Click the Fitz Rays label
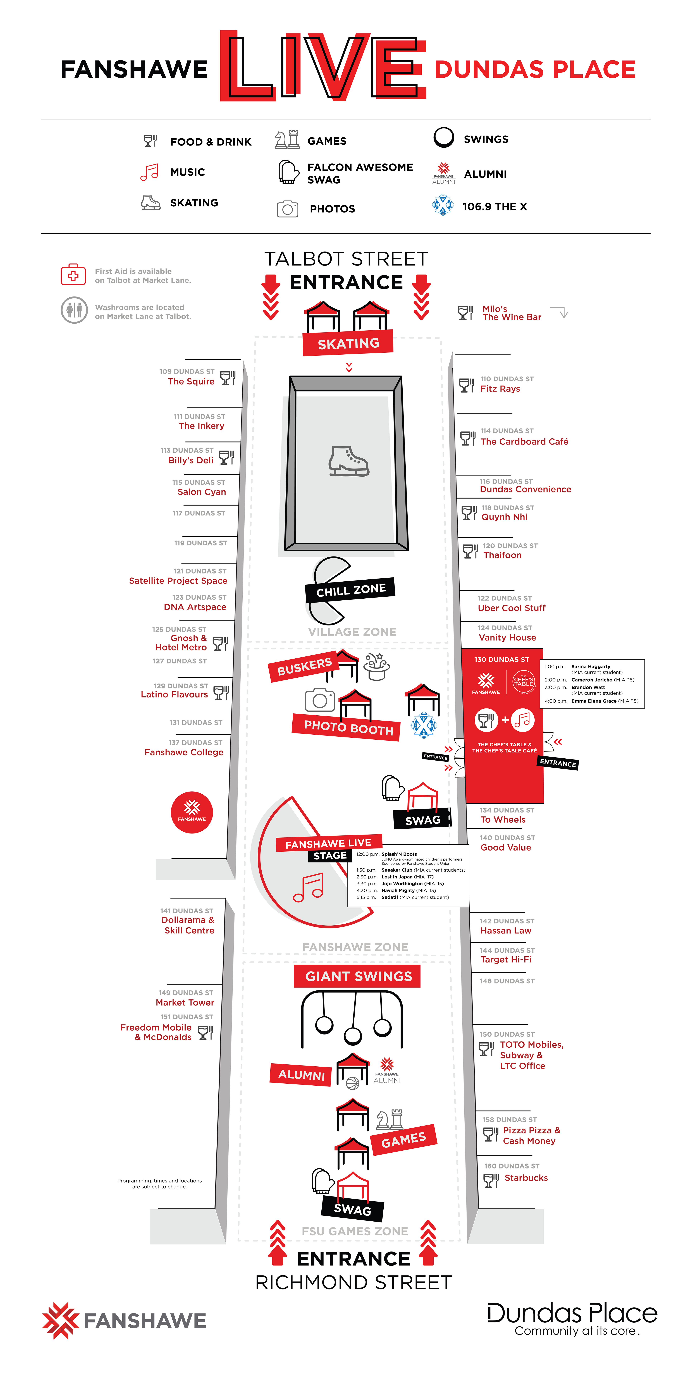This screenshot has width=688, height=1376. pos(500,389)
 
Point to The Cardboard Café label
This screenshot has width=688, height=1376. pos(524,442)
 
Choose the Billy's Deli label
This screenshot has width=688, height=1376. pos(191,460)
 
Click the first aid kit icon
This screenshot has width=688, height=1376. pos(73,275)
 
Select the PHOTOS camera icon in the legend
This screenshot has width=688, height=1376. pos(287,209)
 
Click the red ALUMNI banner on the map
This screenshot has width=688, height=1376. pos(301,1075)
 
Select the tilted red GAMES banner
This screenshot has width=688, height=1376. pos(404,1140)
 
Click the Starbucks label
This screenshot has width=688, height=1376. pos(526,1178)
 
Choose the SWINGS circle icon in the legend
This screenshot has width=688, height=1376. pos(444,138)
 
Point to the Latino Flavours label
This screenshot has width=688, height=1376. pos(174,695)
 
